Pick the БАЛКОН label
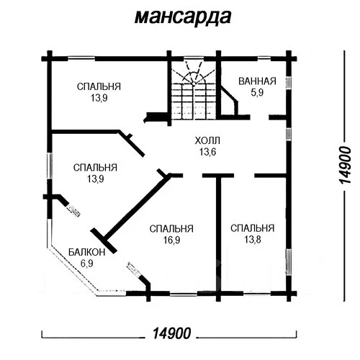tap(86, 253)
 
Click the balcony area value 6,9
tap(86, 264)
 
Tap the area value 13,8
tap(252, 240)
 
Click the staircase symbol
tap(192, 90)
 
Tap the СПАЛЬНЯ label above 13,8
tap(252, 228)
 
